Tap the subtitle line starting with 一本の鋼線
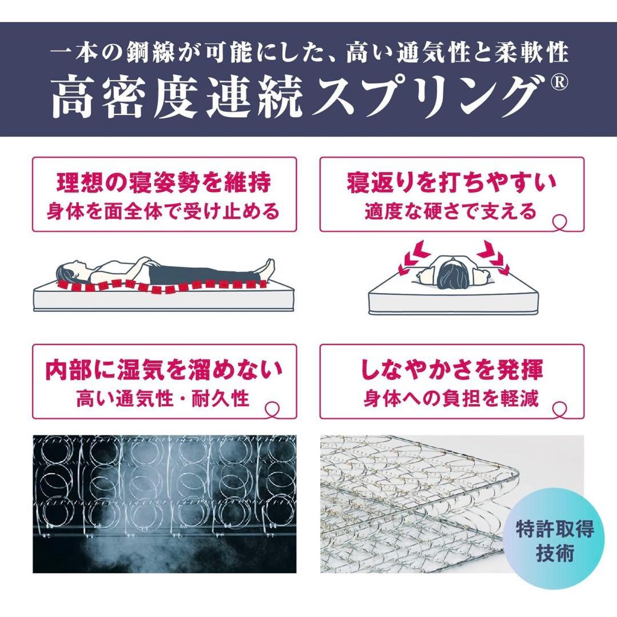coord(308,54)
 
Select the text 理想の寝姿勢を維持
coord(164,183)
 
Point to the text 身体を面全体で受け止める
coord(164,211)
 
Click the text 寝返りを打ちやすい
coord(451,183)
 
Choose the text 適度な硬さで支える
coord(451,211)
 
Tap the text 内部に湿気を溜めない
coord(164,370)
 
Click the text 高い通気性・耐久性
coord(164,398)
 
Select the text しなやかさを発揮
coord(451,370)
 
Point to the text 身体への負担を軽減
coord(451,398)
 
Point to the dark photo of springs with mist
coord(164,503)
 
